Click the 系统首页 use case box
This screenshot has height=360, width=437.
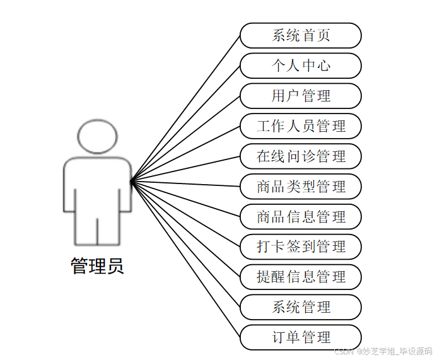coord(301,35)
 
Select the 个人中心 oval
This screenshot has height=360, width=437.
coord(301,66)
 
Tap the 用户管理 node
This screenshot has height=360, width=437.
coord(301,96)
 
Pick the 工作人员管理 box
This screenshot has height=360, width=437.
coord(301,126)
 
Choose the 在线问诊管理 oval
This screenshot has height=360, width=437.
coord(301,156)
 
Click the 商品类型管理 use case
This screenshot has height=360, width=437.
coord(301,187)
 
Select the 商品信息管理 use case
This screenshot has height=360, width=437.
coord(301,217)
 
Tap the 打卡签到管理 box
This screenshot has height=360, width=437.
coord(301,247)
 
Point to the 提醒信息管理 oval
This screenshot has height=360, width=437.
coord(301,277)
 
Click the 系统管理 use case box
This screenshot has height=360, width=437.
coord(301,307)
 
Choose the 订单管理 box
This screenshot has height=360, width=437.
coord(301,337)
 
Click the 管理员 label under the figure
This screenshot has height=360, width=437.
coord(97,266)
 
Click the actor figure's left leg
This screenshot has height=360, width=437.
coord(86,230)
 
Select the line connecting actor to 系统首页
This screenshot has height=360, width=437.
coord(185,108)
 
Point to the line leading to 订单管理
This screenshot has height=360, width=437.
coord(185,259)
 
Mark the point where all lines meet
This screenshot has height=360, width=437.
coord(131,182)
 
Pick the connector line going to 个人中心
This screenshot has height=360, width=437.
coord(185,124)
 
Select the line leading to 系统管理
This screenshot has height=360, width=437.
coord(185,244)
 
